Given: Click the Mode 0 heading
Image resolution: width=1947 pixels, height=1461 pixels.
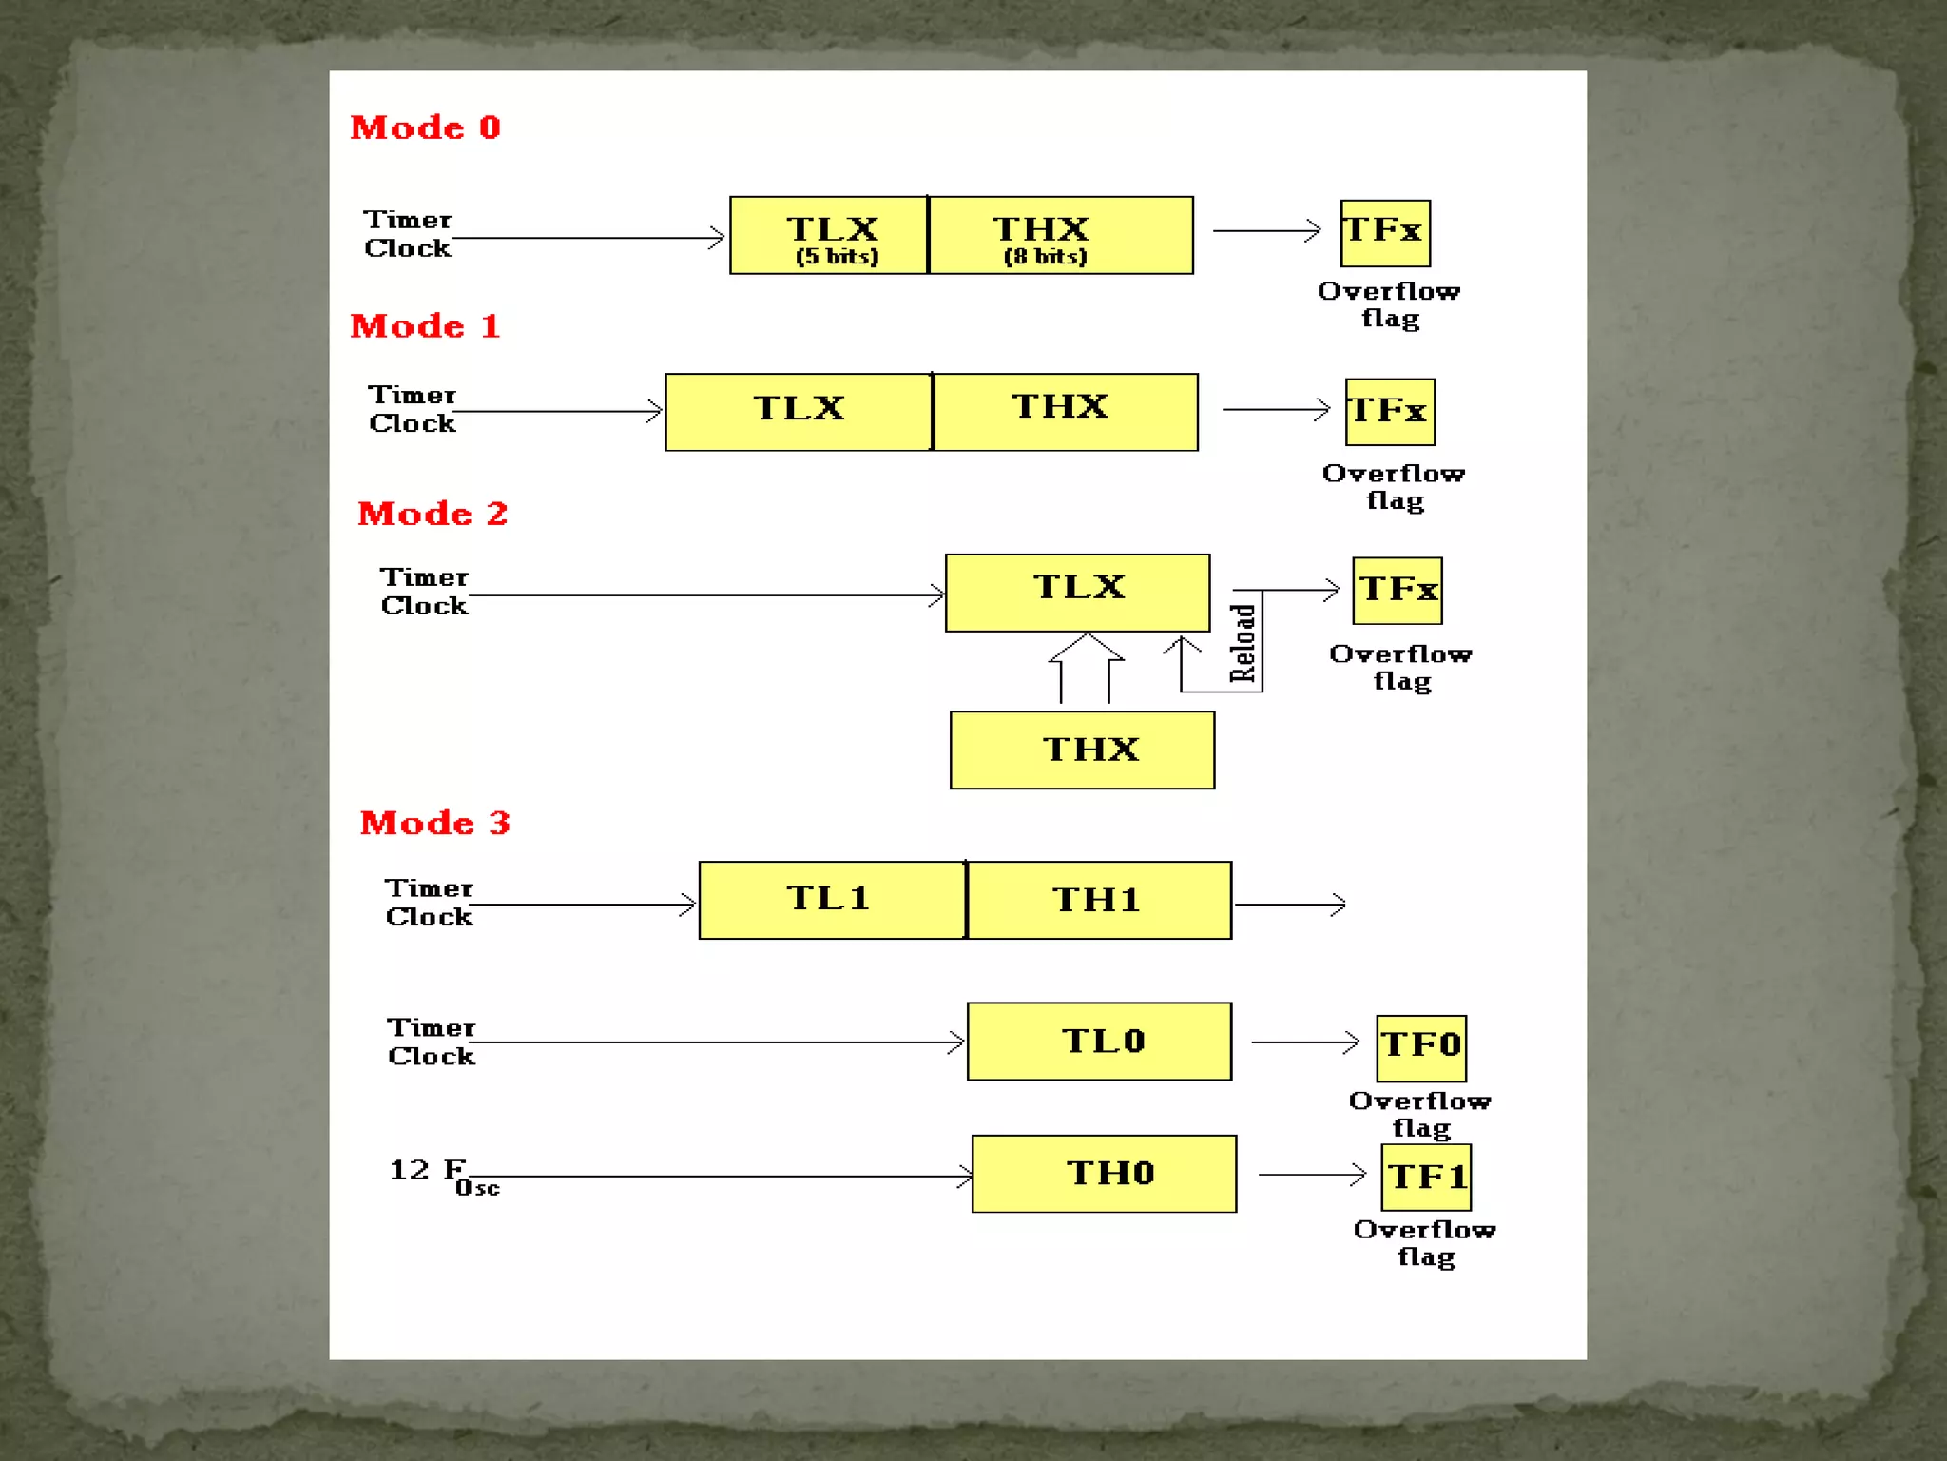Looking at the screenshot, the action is click(425, 127).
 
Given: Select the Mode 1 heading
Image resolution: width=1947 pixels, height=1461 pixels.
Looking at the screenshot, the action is click(425, 326).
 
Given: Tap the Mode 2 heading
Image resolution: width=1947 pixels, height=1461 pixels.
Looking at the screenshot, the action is click(433, 514).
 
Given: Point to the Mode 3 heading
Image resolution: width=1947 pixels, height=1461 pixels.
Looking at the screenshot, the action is click(434, 823).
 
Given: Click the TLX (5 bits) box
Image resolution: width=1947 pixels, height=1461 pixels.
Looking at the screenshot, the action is click(829, 236).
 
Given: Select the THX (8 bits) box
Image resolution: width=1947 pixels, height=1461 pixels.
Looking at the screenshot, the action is click(1061, 236).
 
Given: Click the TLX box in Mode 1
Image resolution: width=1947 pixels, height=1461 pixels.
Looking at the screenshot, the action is click(799, 412).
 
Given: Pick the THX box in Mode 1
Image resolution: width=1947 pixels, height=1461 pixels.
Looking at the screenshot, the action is click(1066, 412).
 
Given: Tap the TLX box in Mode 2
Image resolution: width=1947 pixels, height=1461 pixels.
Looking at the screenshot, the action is click(1078, 593).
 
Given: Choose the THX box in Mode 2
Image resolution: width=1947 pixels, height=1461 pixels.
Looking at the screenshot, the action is click(1083, 750).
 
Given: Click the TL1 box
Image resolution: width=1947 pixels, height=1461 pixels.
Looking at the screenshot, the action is click(832, 901).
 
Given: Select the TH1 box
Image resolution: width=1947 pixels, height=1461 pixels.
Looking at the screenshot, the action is click(1099, 901).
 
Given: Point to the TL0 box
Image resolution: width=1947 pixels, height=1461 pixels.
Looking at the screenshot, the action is click(1100, 1042).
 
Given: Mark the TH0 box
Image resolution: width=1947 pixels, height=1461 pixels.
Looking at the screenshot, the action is click(1105, 1174).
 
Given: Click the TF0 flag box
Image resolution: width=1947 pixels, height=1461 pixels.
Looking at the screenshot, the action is click(1421, 1048).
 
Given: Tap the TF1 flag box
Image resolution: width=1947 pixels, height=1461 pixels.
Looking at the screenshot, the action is click(1426, 1178).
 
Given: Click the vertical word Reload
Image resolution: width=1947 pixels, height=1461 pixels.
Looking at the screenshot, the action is click(1243, 644).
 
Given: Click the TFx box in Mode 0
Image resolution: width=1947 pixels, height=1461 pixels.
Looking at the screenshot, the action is click(1385, 233).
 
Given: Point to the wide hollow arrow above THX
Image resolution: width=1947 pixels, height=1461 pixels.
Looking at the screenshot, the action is click(1086, 666).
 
